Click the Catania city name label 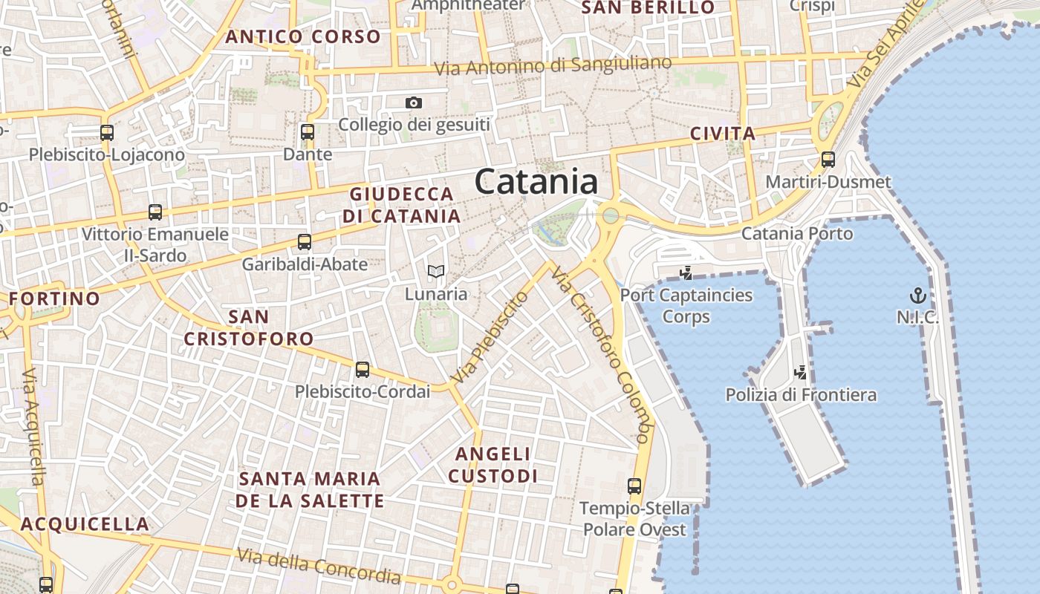(x=536, y=182)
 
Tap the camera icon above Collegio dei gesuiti (x=414, y=103)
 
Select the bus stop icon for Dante (x=308, y=133)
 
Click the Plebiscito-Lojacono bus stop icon (x=107, y=133)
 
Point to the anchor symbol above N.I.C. (x=918, y=295)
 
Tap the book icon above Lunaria (x=436, y=272)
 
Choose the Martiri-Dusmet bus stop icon (x=828, y=160)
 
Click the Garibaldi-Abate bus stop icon (x=305, y=242)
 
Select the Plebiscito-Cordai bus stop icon (x=363, y=369)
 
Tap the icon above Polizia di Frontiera (x=801, y=372)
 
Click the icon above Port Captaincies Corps (x=686, y=272)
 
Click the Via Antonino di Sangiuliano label (x=553, y=66)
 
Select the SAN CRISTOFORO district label (x=249, y=328)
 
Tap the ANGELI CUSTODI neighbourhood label (x=493, y=464)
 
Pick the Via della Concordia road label (x=319, y=566)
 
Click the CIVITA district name (x=723, y=134)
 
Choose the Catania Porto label (x=798, y=234)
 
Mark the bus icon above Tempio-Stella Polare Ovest (x=634, y=486)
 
